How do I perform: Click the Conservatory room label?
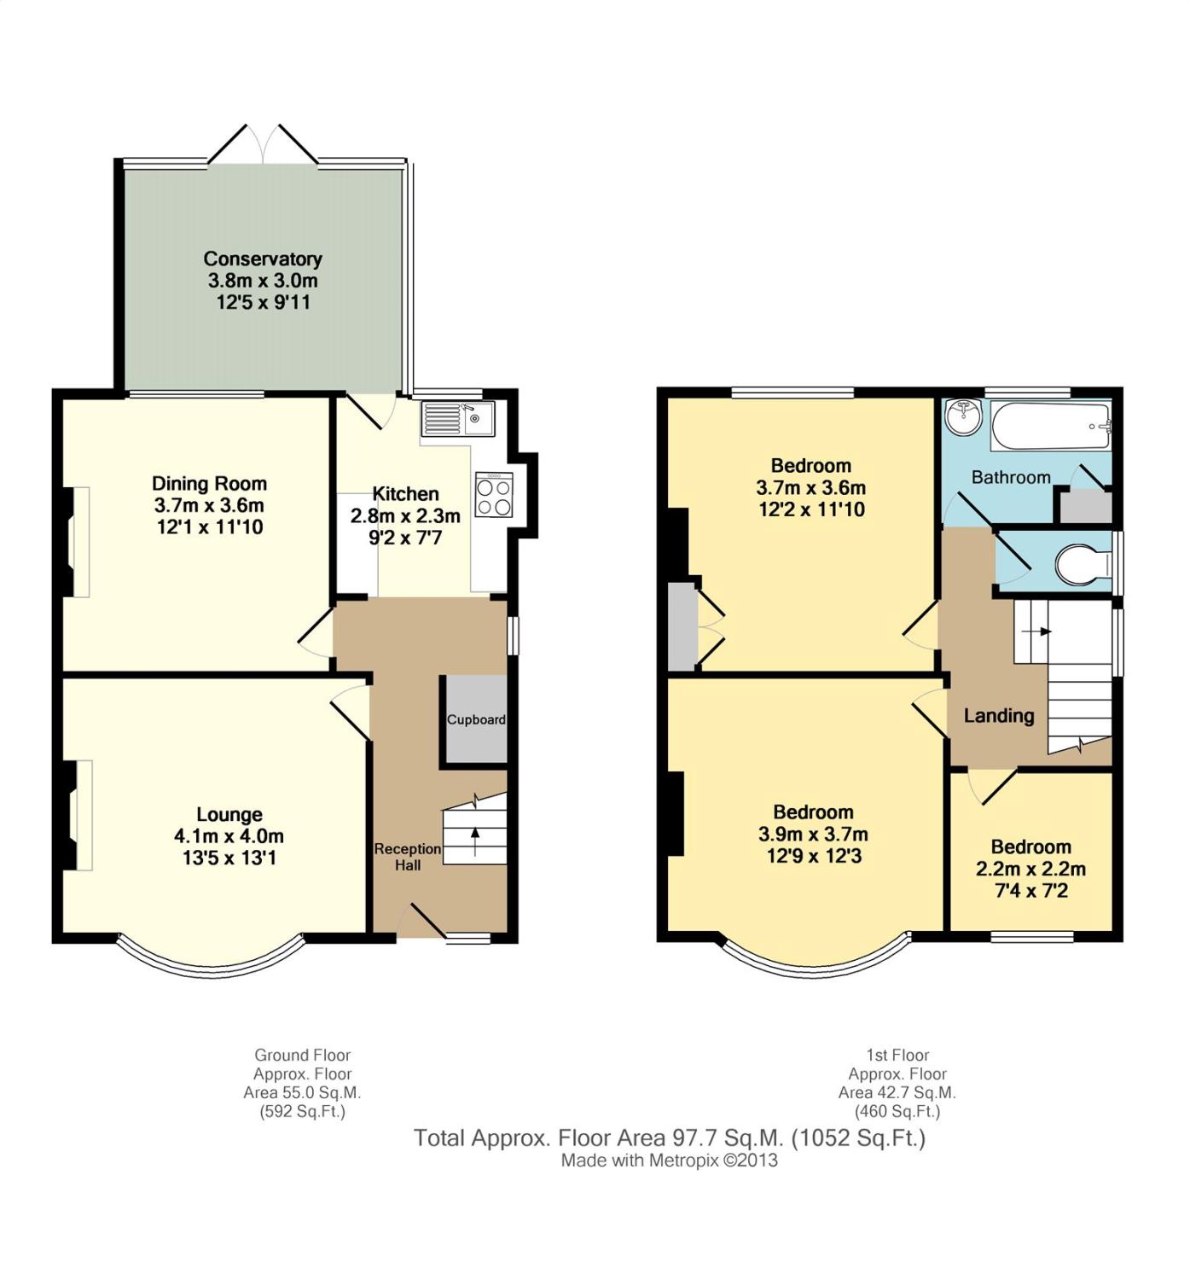point(263,259)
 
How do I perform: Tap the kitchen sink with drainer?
point(458,418)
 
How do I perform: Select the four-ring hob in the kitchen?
point(495,494)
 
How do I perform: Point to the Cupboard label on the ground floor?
point(476,720)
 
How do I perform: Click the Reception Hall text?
point(408,857)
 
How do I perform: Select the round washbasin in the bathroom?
point(964,417)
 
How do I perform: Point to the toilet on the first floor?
point(1083,566)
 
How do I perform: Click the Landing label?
point(999,716)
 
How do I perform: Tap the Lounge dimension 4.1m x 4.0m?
point(229,836)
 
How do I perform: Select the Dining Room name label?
point(209,483)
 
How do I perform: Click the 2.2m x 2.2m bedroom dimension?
point(1030,869)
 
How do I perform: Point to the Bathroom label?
point(1011,478)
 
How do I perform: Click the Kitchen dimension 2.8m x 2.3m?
point(405,515)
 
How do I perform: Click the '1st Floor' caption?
point(897,1056)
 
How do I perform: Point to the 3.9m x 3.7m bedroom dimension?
point(813,834)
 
